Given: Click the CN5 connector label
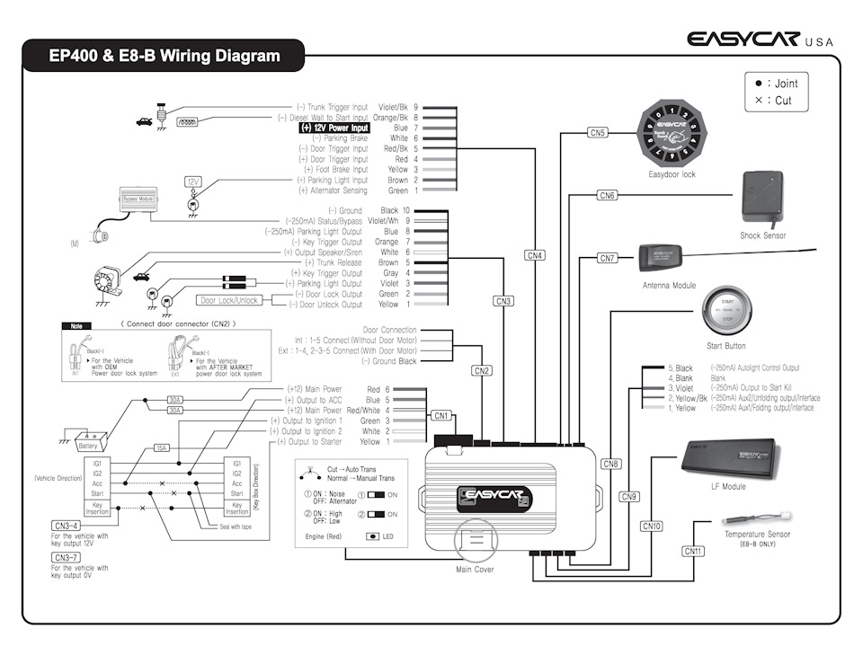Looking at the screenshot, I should click(x=598, y=132).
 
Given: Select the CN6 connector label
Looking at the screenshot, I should click(x=607, y=195).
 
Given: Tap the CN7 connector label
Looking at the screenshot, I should click(x=608, y=258).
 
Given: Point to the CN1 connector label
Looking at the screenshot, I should click(x=440, y=415).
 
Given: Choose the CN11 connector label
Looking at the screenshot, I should click(x=692, y=551).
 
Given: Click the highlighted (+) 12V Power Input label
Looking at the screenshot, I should click(x=334, y=128).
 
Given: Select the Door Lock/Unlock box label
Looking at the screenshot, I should click(x=229, y=300).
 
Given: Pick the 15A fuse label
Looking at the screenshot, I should click(x=162, y=447).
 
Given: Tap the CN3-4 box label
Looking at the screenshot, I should click(x=67, y=526).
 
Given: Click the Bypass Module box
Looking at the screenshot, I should click(x=138, y=195).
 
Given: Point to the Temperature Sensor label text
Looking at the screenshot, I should click(x=757, y=535).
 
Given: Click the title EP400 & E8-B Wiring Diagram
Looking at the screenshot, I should click(x=165, y=56).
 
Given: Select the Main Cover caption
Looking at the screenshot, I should click(x=475, y=569).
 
